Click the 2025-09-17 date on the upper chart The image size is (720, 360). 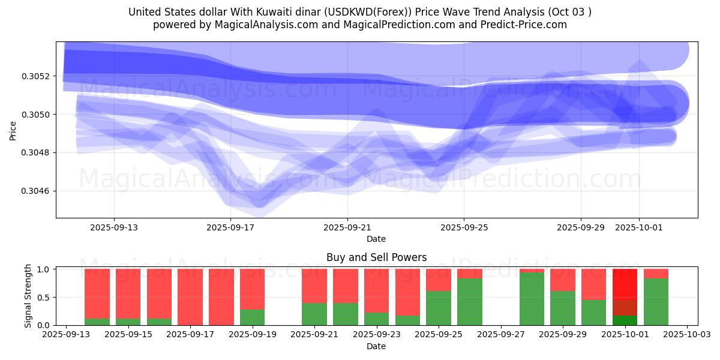point(231,227)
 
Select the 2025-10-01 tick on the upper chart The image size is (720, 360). point(638,227)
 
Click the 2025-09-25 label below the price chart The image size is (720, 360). point(464,227)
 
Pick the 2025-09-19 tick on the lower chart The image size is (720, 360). point(253,335)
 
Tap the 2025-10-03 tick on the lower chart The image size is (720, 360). point(686,335)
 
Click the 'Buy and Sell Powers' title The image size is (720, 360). point(376,257)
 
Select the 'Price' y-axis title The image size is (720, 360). point(13,131)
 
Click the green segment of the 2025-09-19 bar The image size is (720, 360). point(253,317)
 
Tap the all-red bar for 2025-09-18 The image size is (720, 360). point(221,297)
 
